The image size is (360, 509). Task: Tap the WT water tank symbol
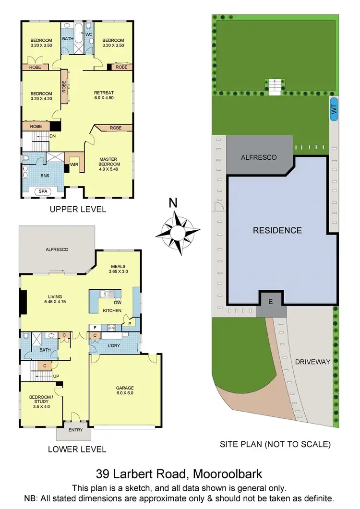[x=334, y=110]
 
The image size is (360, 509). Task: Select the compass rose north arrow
[x=178, y=233]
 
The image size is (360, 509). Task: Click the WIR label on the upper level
[x=74, y=165]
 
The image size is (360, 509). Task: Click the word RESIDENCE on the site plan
[x=277, y=230]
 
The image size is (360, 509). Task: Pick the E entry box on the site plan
[x=271, y=302]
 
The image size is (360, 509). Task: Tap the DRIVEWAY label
[x=312, y=362]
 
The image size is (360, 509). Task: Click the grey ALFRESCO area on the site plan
[x=259, y=157]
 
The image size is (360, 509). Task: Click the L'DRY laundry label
[x=114, y=345]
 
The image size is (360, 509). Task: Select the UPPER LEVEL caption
[x=78, y=210]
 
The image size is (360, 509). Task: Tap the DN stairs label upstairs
[x=53, y=136]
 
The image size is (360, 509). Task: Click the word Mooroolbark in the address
[x=228, y=474]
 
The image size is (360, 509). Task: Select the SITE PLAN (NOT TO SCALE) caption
[x=275, y=445]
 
